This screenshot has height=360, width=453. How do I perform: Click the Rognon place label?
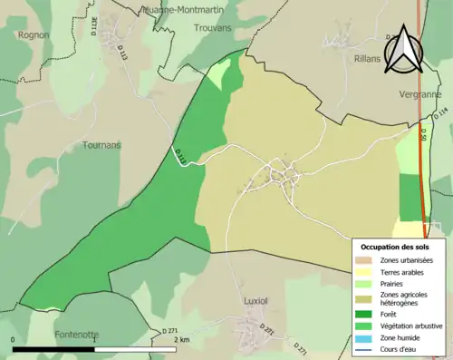point(32,35)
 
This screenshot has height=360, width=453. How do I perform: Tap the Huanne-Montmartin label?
point(185,10)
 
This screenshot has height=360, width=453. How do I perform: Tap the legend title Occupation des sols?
point(395,247)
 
